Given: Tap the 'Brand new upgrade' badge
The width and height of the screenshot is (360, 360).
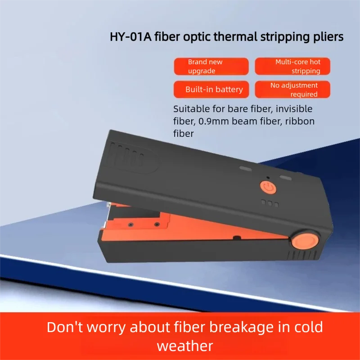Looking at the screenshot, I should pos(211,66).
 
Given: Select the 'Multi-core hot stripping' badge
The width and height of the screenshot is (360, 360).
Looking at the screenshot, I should pos(292,66).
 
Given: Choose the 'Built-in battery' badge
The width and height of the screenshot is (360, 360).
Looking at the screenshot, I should pos(211,89).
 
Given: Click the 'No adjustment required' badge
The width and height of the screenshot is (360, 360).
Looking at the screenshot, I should pos(292,89).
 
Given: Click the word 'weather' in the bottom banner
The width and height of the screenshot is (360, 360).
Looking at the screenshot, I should pos(185,346).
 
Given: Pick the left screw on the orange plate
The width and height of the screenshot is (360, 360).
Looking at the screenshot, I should pos(130,224).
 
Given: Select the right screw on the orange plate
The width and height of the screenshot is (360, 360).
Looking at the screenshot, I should pos(157,224).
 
